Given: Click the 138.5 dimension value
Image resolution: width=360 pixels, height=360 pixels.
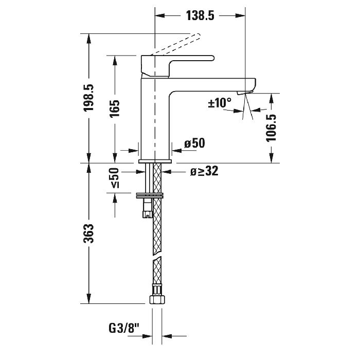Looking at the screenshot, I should [199, 16].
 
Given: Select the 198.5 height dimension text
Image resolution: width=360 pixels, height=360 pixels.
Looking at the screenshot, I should [88, 98].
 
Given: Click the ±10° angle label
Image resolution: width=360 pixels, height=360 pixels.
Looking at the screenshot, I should [220, 103].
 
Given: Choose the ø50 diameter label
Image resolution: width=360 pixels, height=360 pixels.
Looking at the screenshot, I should [194, 143].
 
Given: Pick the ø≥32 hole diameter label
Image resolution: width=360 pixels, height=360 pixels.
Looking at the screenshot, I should [204, 172].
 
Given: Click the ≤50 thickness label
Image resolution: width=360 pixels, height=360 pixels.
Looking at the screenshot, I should [114, 178].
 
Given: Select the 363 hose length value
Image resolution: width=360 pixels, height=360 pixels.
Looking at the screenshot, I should [88, 233].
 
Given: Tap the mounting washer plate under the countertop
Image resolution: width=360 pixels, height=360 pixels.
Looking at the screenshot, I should [150, 195].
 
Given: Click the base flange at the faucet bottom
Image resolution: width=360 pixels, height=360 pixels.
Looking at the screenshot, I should [155, 161].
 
